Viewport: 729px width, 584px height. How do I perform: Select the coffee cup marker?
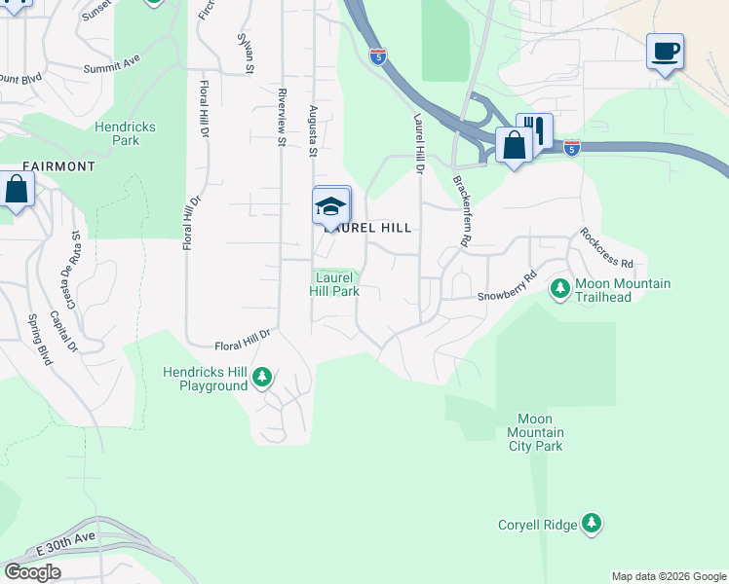tap(665, 52)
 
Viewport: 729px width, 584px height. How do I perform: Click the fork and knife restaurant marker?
tap(534, 130)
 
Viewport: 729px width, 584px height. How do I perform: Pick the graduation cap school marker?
tap(331, 204)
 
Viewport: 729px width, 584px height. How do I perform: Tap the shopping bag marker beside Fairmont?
tap(17, 189)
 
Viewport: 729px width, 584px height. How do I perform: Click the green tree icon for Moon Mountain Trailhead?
tap(560, 289)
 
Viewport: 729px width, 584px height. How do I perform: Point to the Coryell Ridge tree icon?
tap(591, 525)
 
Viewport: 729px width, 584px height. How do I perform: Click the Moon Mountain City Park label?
tap(536, 432)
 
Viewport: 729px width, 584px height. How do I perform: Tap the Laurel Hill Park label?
tap(335, 284)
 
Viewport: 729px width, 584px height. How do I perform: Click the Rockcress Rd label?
tap(606, 249)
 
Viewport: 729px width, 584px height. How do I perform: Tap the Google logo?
tap(32, 571)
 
